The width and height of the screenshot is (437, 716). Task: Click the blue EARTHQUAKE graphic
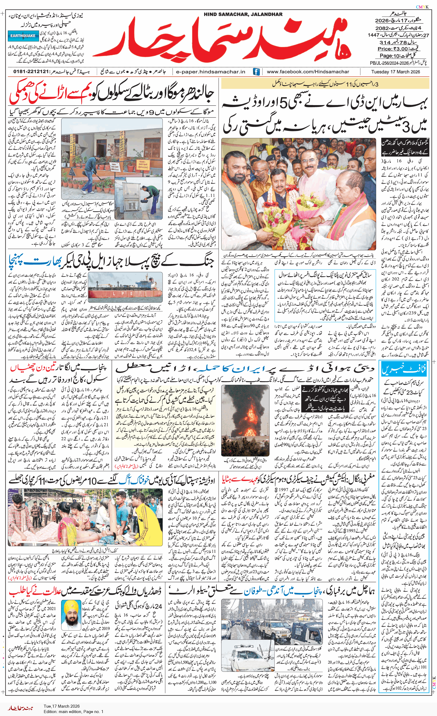click(23, 36)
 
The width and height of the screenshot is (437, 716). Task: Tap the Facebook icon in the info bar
click(256, 72)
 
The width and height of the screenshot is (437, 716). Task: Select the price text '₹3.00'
click(401, 49)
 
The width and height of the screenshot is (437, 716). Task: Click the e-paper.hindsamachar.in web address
click(211, 72)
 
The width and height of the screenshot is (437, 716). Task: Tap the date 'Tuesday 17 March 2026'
click(396, 72)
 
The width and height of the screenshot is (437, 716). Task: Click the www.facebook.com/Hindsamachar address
click(308, 72)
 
